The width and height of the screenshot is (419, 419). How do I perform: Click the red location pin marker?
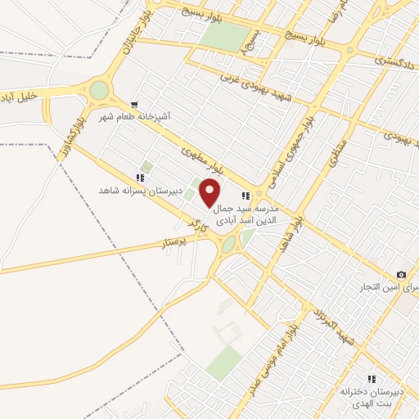click(210, 193)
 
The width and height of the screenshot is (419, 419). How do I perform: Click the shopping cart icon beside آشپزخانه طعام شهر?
click(134, 105)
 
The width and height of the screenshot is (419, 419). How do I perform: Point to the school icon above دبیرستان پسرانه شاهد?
click(141, 177)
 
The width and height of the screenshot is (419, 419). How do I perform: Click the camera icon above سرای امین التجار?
click(401, 274)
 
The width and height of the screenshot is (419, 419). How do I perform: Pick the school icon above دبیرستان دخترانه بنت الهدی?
click(372, 379)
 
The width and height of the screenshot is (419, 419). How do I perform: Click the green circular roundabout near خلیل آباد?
click(99, 90)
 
